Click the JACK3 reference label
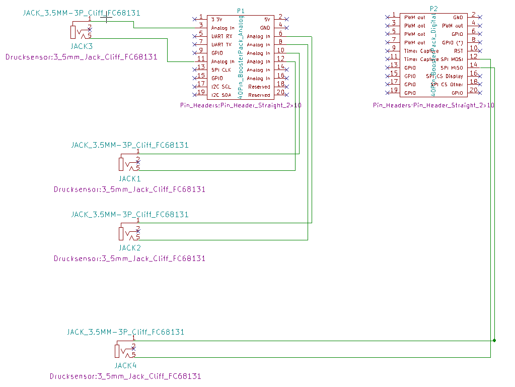click(x=82, y=46)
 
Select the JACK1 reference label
click(x=130, y=178)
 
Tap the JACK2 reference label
click(x=130, y=248)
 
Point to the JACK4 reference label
click(x=125, y=366)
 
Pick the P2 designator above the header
click(x=434, y=9)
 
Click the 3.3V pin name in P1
click(x=217, y=19)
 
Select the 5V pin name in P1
click(x=266, y=19)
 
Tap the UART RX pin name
click(x=222, y=36)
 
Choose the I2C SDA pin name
click(x=222, y=95)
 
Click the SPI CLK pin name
click(x=221, y=70)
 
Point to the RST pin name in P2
click(x=458, y=51)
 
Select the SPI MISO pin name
click(x=452, y=68)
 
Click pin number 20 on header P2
click(x=473, y=90)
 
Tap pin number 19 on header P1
click(x=201, y=92)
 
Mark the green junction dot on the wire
click(x=495, y=341)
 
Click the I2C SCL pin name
click(x=222, y=87)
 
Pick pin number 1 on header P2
click(x=393, y=15)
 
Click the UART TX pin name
click(x=222, y=45)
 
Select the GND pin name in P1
click(x=265, y=28)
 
